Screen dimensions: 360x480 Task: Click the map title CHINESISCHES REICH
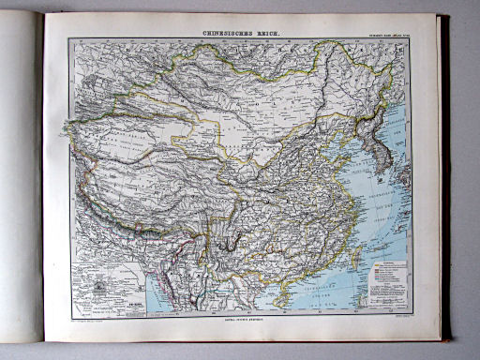point(240,34)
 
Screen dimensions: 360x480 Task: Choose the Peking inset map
point(104,287)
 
